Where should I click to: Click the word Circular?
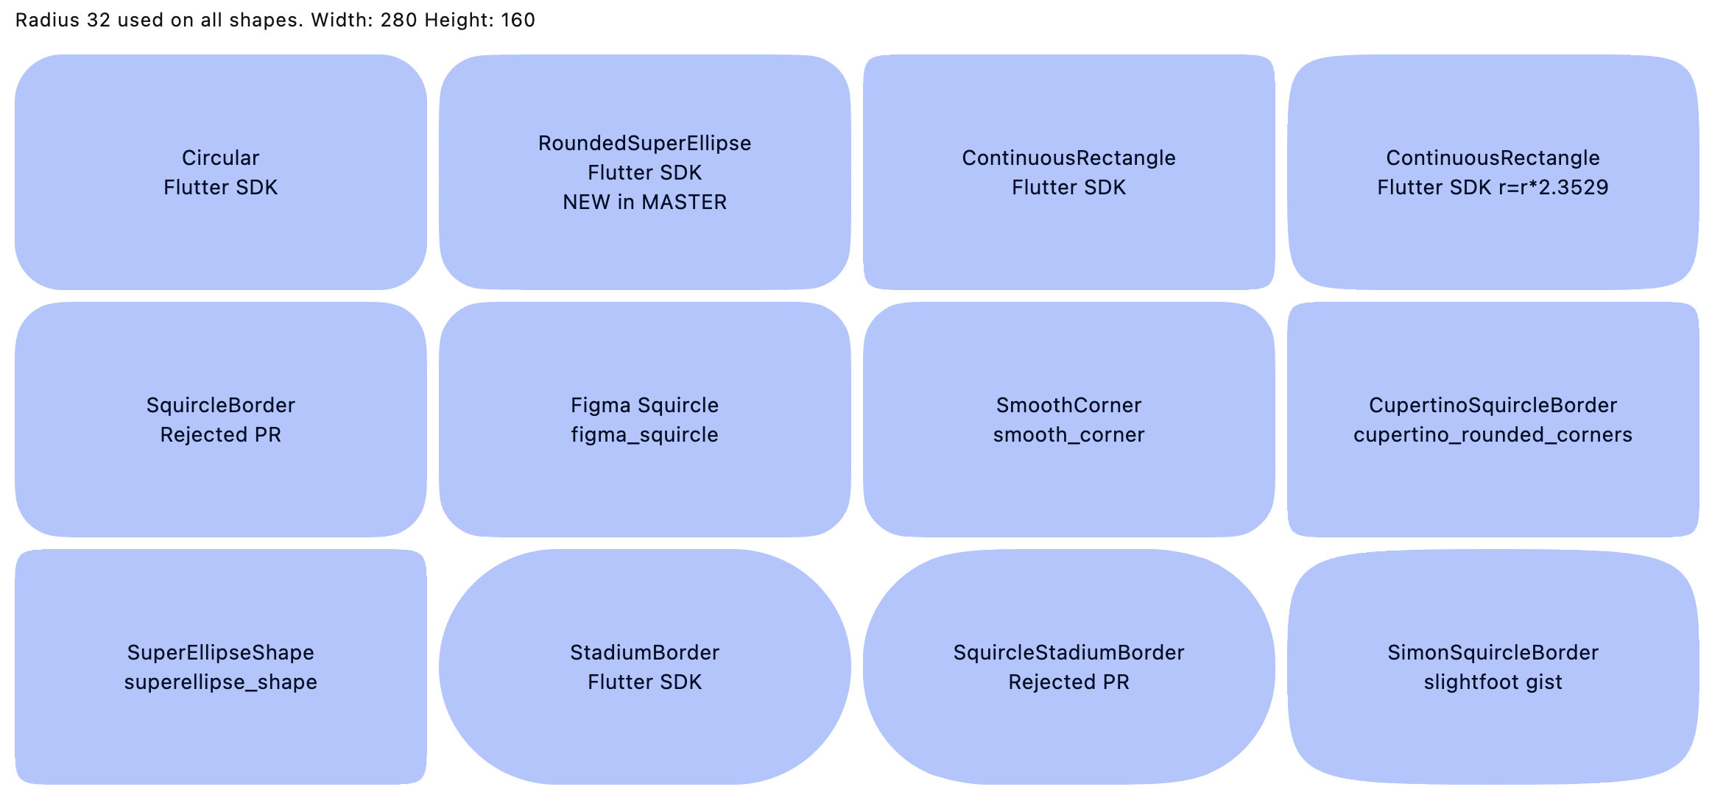point(220,158)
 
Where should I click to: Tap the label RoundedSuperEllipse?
point(644,143)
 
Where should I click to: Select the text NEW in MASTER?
point(644,202)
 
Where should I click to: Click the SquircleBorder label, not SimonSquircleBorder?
point(220,405)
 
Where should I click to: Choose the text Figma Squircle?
point(644,405)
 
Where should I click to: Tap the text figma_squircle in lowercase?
point(644,434)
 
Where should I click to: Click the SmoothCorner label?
point(1068,405)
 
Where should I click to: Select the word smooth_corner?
point(1068,434)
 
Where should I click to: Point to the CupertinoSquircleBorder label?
point(1493,405)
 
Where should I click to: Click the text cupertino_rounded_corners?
point(1493,434)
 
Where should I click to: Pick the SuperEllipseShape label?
point(220,652)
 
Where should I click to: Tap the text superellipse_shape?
point(220,682)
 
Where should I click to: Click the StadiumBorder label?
point(644,652)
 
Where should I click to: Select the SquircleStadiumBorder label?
point(1068,652)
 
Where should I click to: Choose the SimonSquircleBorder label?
point(1493,652)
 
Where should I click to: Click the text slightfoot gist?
point(1493,682)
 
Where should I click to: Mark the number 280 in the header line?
point(398,20)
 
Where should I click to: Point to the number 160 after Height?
point(518,20)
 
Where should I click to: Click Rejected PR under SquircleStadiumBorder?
point(1068,682)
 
